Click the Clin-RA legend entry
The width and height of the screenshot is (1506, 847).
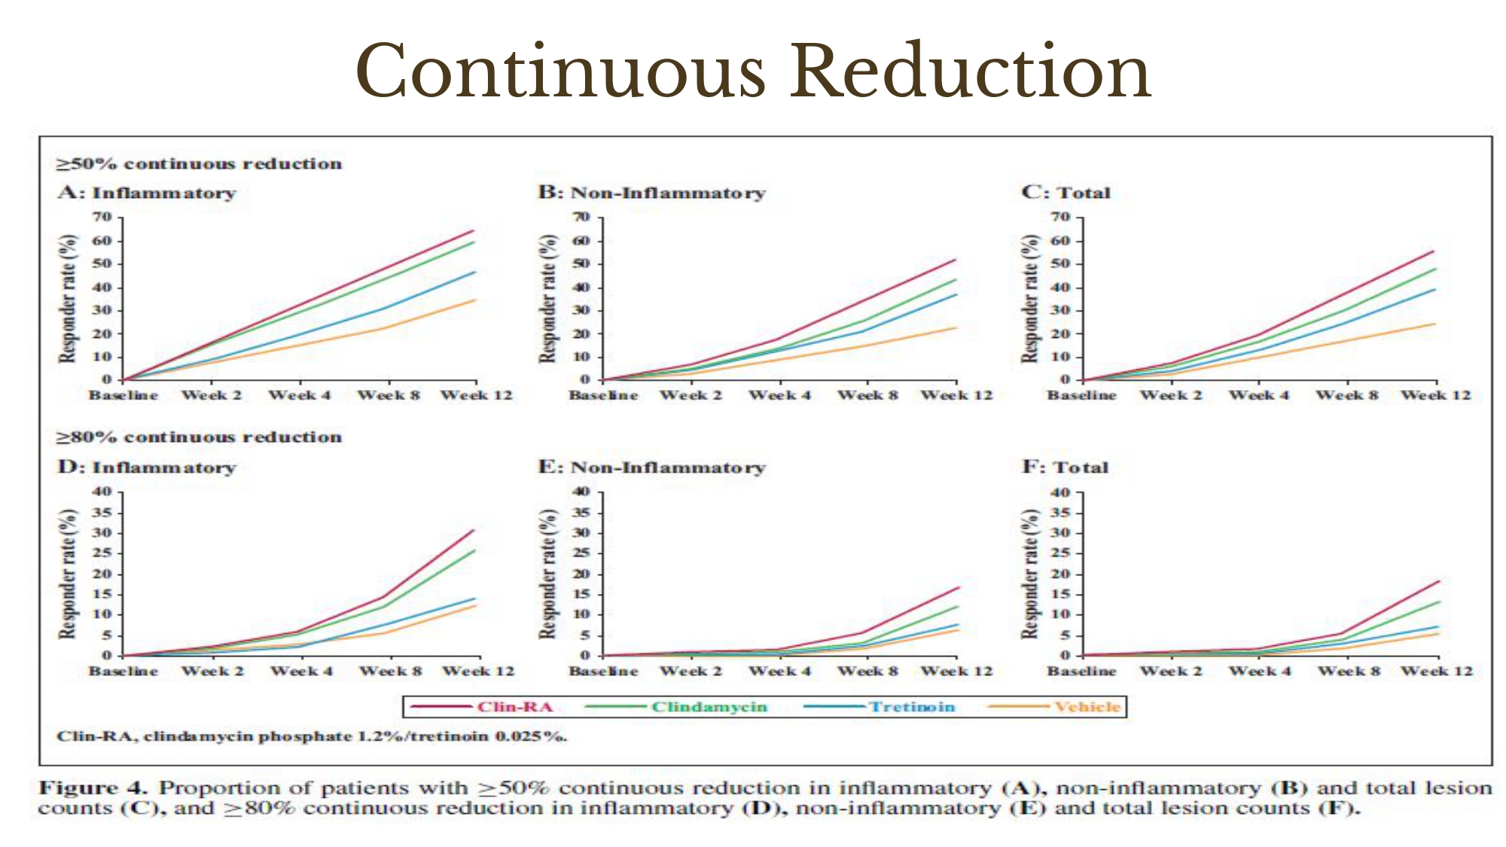click(x=514, y=707)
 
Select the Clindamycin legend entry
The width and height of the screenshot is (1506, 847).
click(x=709, y=707)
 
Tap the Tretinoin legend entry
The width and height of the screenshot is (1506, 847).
click(x=911, y=707)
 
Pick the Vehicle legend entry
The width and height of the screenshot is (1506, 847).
click(x=1087, y=707)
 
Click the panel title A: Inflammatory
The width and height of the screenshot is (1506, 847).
click(x=147, y=193)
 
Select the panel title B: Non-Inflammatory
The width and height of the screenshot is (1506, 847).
click(x=651, y=193)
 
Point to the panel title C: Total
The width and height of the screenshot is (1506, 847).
click(x=1065, y=193)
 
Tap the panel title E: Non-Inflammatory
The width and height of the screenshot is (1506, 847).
click(x=651, y=468)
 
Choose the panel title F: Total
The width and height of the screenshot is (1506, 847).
click(x=1065, y=468)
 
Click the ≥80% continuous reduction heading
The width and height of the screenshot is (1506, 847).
click(x=200, y=437)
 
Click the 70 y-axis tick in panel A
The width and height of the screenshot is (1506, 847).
click(x=102, y=218)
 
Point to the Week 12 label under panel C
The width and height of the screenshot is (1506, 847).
click(x=1435, y=395)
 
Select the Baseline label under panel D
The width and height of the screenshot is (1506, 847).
click(x=123, y=671)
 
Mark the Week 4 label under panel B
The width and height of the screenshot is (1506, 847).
click(x=779, y=395)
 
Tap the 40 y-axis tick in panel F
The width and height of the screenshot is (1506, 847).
click(x=1060, y=492)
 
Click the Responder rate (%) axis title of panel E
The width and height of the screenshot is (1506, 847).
click(x=547, y=574)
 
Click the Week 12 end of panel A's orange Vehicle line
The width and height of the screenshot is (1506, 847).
click(x=475, y=300)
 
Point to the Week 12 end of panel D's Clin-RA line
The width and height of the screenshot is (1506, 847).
click(x=474, y=530)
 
